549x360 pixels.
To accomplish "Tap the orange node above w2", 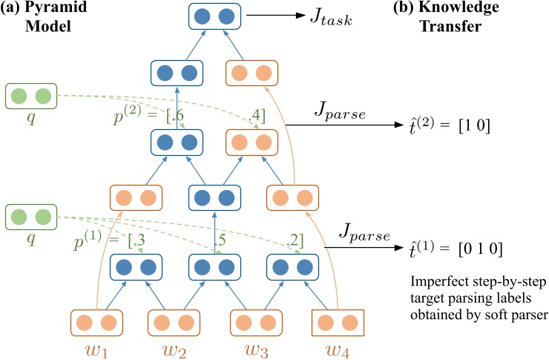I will (175, 324).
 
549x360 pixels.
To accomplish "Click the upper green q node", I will (31, 96).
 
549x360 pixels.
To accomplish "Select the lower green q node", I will (31, 218).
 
